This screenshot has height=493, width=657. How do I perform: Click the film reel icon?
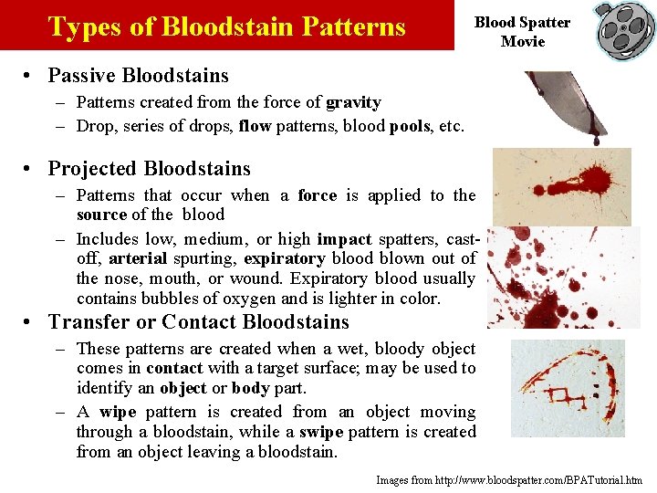[x=624, y=31]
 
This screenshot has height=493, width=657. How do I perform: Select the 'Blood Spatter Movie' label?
[x=522, y=32]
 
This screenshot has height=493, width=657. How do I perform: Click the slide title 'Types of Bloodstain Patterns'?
[x=226, y=26]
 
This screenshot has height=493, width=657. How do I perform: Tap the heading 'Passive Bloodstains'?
[x=139, y=75]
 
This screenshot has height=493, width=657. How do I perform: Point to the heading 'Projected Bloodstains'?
[x=149, y=168]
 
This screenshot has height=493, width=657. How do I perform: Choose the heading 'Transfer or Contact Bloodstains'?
[x=199, y=321]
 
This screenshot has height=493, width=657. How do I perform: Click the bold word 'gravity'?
[x=353, y=102]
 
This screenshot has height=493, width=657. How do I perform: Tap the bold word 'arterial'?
[x=137, y=258]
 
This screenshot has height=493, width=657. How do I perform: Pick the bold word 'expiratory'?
[x=285, y=258]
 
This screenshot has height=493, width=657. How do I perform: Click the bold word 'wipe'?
[x=118, y=411]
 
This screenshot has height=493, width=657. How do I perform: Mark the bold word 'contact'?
[x=174, y=368]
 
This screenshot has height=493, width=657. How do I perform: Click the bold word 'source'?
[x=101, y=215]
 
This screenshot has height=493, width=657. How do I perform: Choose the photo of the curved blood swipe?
[x=568, y=388]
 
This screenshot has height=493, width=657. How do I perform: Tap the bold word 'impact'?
[x=344, y=238]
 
